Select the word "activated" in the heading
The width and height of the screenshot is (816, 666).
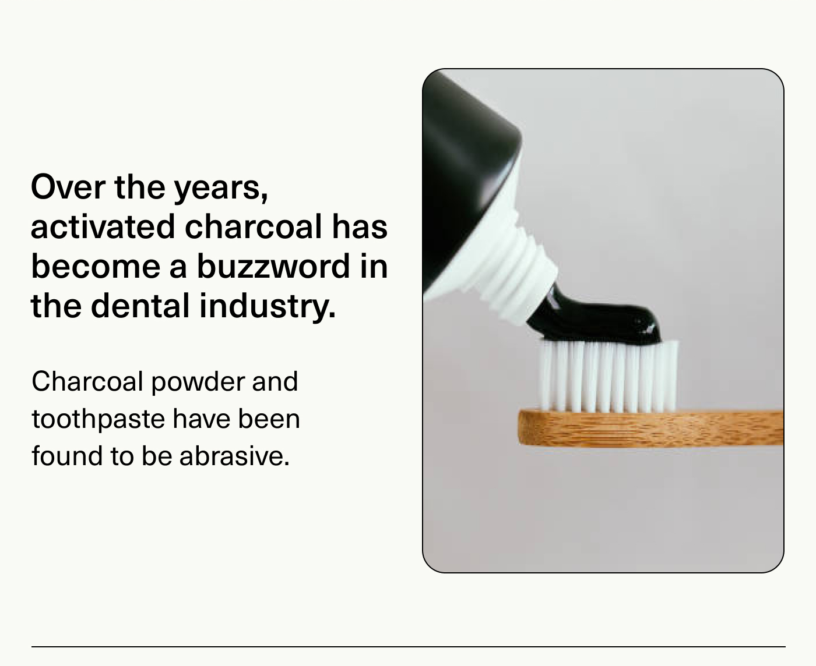click(103, 226)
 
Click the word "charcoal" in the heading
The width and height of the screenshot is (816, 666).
click(254, 226)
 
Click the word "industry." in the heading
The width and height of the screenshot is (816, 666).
click(268, 306)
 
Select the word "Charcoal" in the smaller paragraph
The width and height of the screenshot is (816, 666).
click(87, 381)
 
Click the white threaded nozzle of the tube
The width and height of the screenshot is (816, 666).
click(513, 268)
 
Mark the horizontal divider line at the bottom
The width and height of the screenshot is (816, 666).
click(408, 646)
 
